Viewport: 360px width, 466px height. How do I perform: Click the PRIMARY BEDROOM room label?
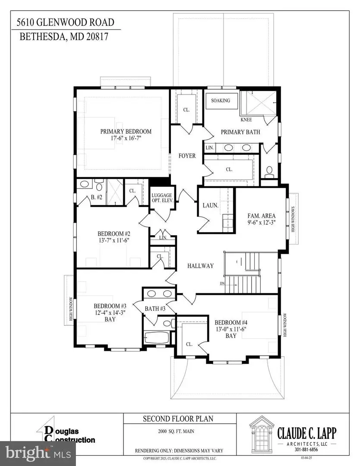(x=126, y=132)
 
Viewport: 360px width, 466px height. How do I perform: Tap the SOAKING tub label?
(x=221, y=101)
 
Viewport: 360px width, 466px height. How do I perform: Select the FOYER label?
(x=187, y=156)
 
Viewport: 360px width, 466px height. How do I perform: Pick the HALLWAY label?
(x=201, y=266)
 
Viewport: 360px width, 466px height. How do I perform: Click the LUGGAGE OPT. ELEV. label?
(x=162, y=198)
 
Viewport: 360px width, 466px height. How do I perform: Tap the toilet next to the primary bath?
(x=269, y=171)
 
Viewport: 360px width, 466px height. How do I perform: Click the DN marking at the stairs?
(x=222, y=283)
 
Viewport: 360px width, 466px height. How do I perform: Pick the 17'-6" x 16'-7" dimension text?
(x=126, y=139)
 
